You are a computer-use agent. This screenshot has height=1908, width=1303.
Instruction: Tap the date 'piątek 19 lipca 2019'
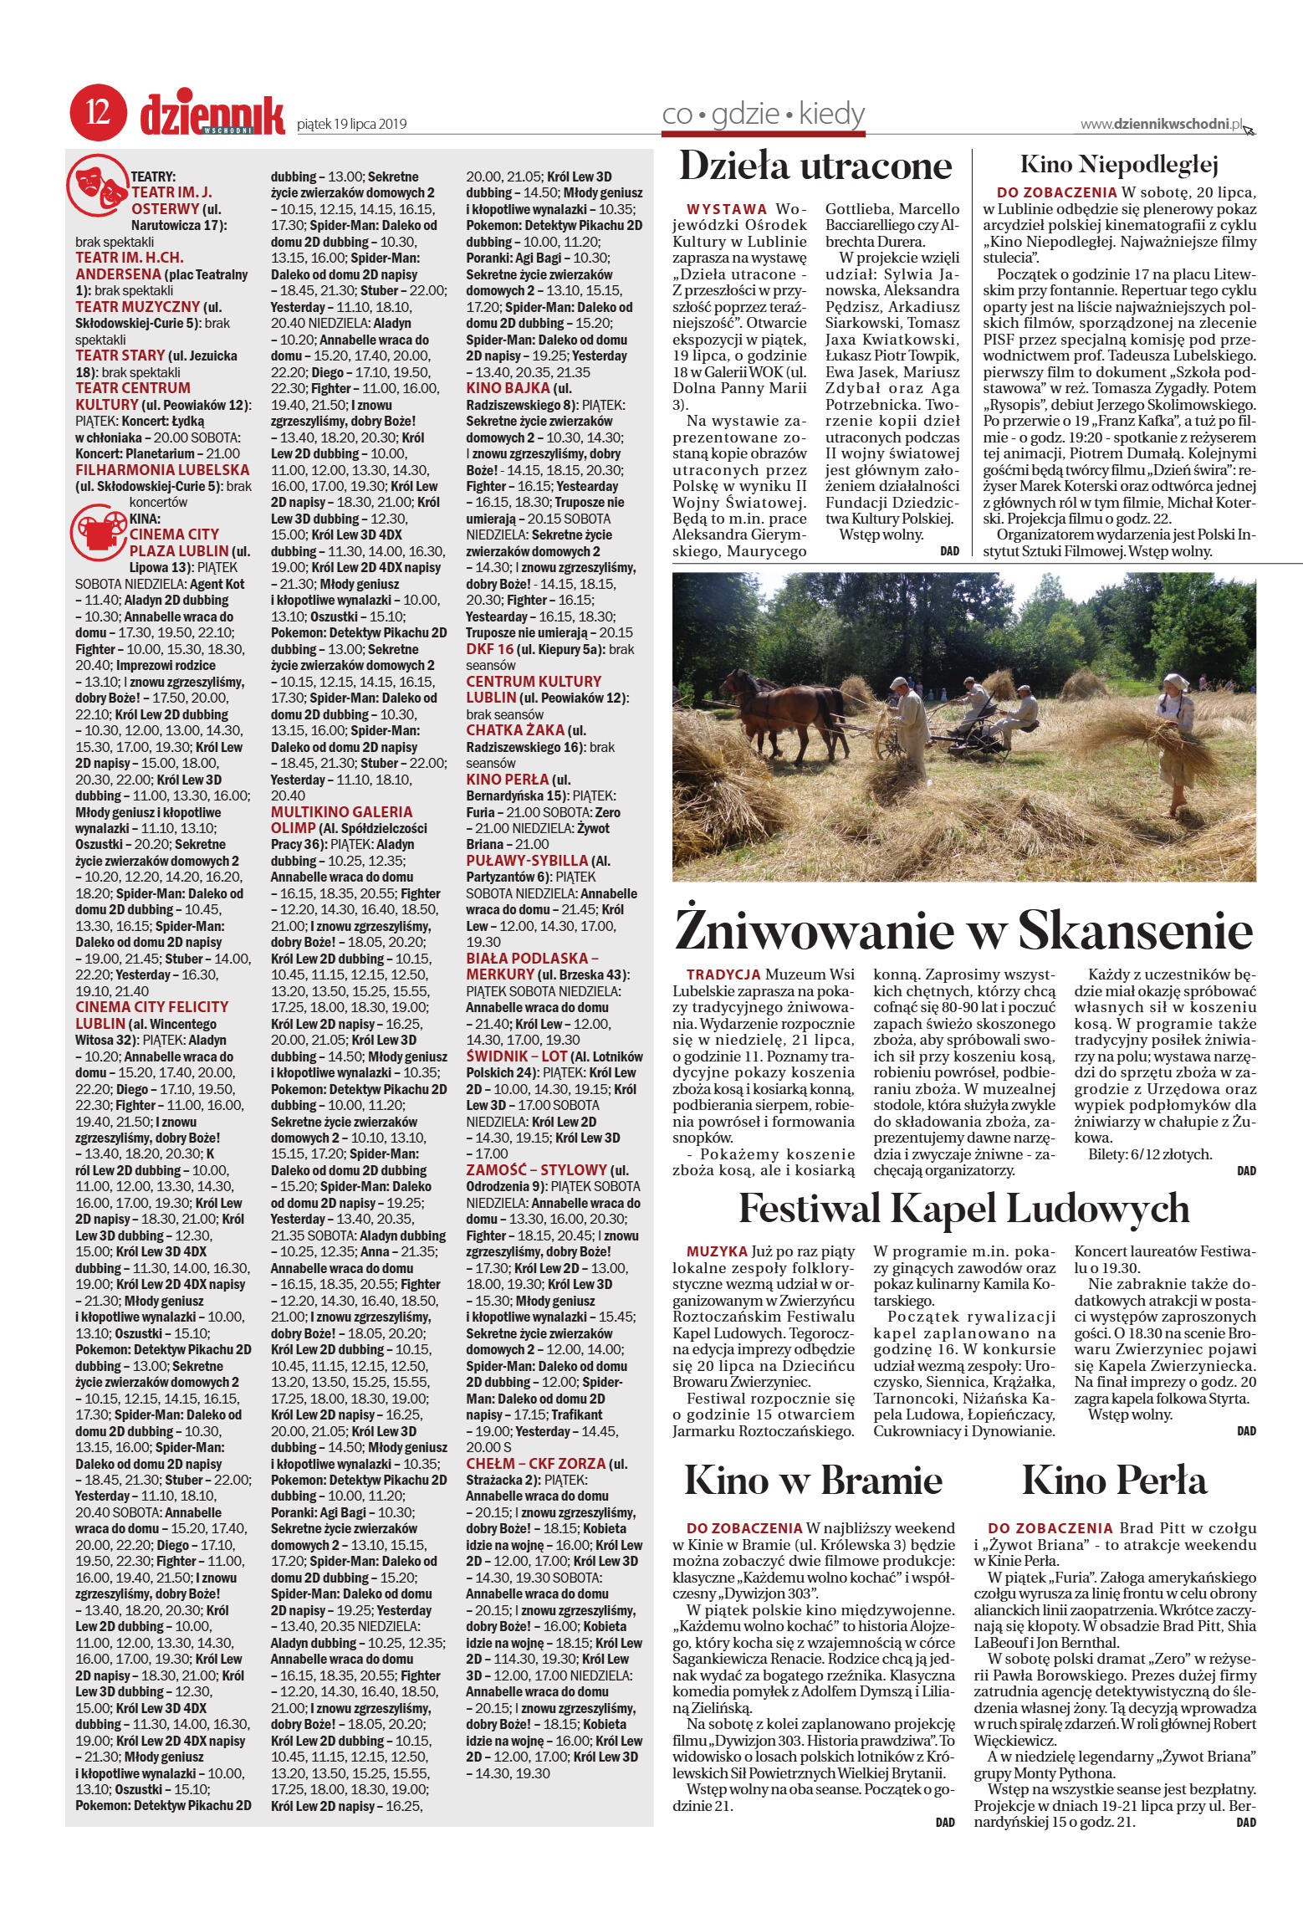352,125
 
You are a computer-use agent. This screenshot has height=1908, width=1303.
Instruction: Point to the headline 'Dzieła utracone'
815,166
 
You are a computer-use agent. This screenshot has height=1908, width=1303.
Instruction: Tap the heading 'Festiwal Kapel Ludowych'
963,1209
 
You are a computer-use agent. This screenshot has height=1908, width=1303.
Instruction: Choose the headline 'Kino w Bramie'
813,1481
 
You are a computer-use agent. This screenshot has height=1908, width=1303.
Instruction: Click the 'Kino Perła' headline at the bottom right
1114,1481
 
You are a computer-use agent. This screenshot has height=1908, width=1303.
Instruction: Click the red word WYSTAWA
726,207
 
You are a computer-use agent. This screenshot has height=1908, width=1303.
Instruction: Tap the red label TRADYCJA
723,974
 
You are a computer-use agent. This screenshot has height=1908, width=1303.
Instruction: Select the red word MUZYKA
717,1252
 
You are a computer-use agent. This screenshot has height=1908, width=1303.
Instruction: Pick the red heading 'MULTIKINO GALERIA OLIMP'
341,819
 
